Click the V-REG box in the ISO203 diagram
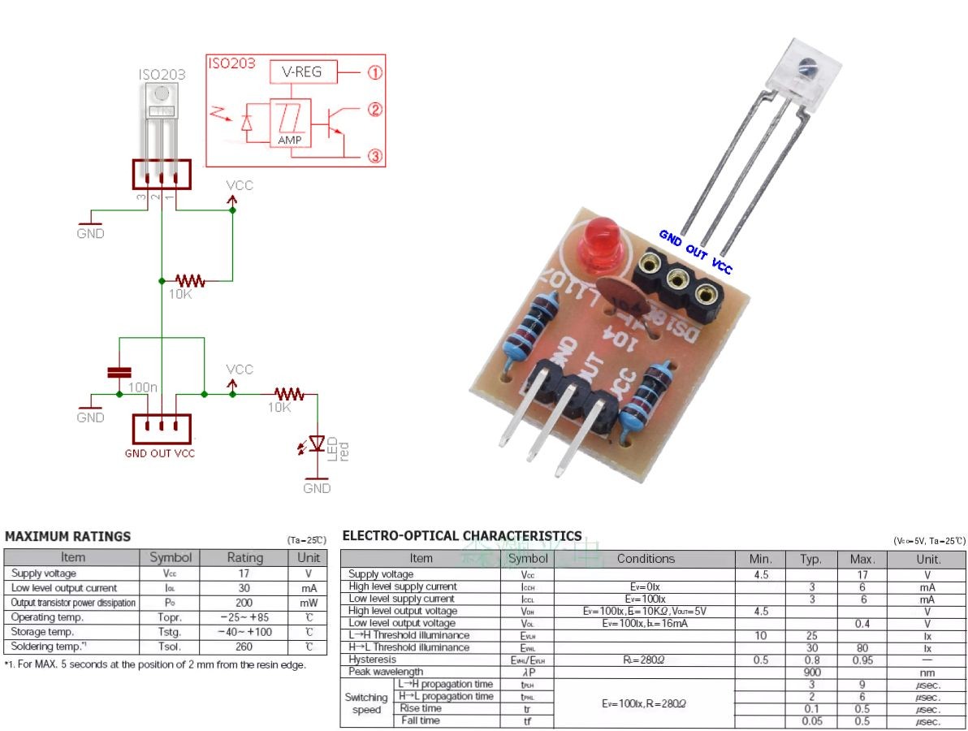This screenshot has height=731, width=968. pyautogui.click(x=301, y=72)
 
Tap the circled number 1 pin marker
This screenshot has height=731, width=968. pyautogui.click(x=374, y=72)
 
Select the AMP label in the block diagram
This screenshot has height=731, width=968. pyautogui.click(x=289, y=140)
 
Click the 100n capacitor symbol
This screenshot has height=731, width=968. pyautogui.click(x=119, y=372)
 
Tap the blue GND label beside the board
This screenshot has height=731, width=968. pyautogui.click(x=671, y=237)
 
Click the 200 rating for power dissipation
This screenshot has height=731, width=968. pyautogui.click(x=244, y=603)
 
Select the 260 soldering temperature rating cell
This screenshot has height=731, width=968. pyautogui.click(x=244, y=647)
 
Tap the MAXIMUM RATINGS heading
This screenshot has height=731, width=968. pyautogui.click(x=67, y=536)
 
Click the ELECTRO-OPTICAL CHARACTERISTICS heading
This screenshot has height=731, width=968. pyautogui.click(x=462, y=535)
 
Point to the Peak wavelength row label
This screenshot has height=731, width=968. pyautogui.click(x=386, y=672)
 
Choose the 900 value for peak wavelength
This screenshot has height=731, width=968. pyautogui.click(x=810, y=672)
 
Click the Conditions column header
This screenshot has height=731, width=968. pyautogui.click(x=646, y=559)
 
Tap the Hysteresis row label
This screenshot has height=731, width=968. pyautogui.click(x=373, y=660)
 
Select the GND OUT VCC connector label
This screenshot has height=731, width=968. pyautogui.click(x=160, y=453)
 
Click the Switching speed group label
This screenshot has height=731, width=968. pyautogui.click(x=366, y=703)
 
